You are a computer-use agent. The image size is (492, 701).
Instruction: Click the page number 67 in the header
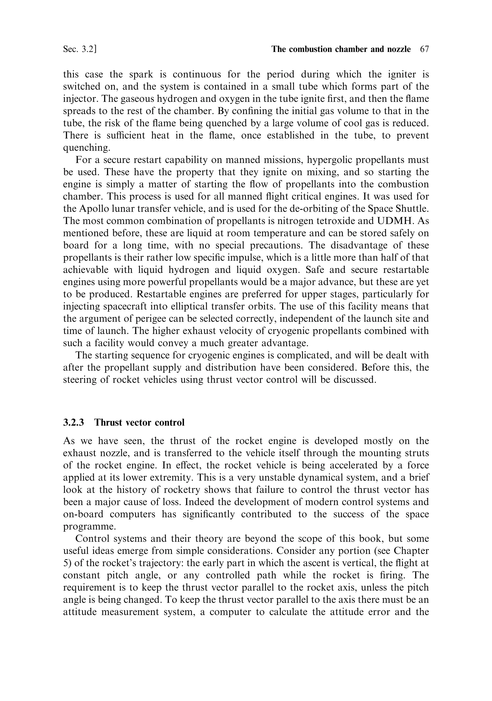[x=424, y=49]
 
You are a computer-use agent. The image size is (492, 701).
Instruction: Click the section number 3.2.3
[x=74, y=422]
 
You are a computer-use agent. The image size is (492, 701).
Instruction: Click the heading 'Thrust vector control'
[x=139, y=422]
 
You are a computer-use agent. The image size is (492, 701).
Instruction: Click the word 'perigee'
[x=149, y=318]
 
